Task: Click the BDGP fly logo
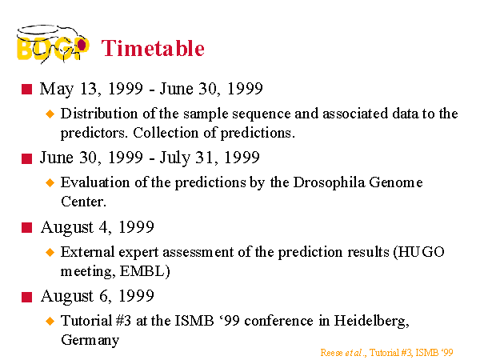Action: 53,44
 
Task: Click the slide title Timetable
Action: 153,48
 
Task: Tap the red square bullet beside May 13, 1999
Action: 27,90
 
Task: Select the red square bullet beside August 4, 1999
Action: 27,228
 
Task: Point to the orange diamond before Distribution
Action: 50,114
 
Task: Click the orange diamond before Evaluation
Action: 50,183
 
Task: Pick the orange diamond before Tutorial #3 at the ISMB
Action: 50,321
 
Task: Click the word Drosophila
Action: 329,182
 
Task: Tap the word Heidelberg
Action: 371,321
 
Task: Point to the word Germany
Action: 90,340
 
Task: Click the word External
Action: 87,252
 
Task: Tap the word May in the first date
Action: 57,90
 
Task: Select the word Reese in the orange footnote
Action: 331,353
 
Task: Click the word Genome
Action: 396,182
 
